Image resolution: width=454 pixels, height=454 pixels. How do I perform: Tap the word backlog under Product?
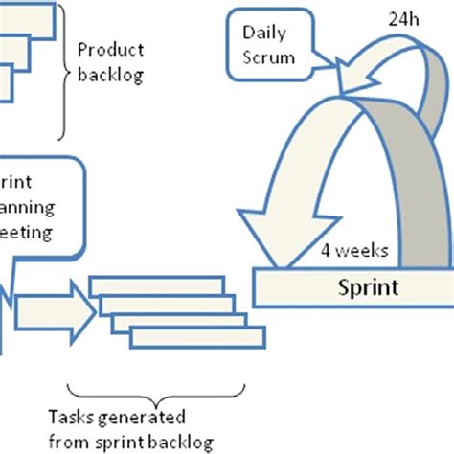point(111,76)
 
